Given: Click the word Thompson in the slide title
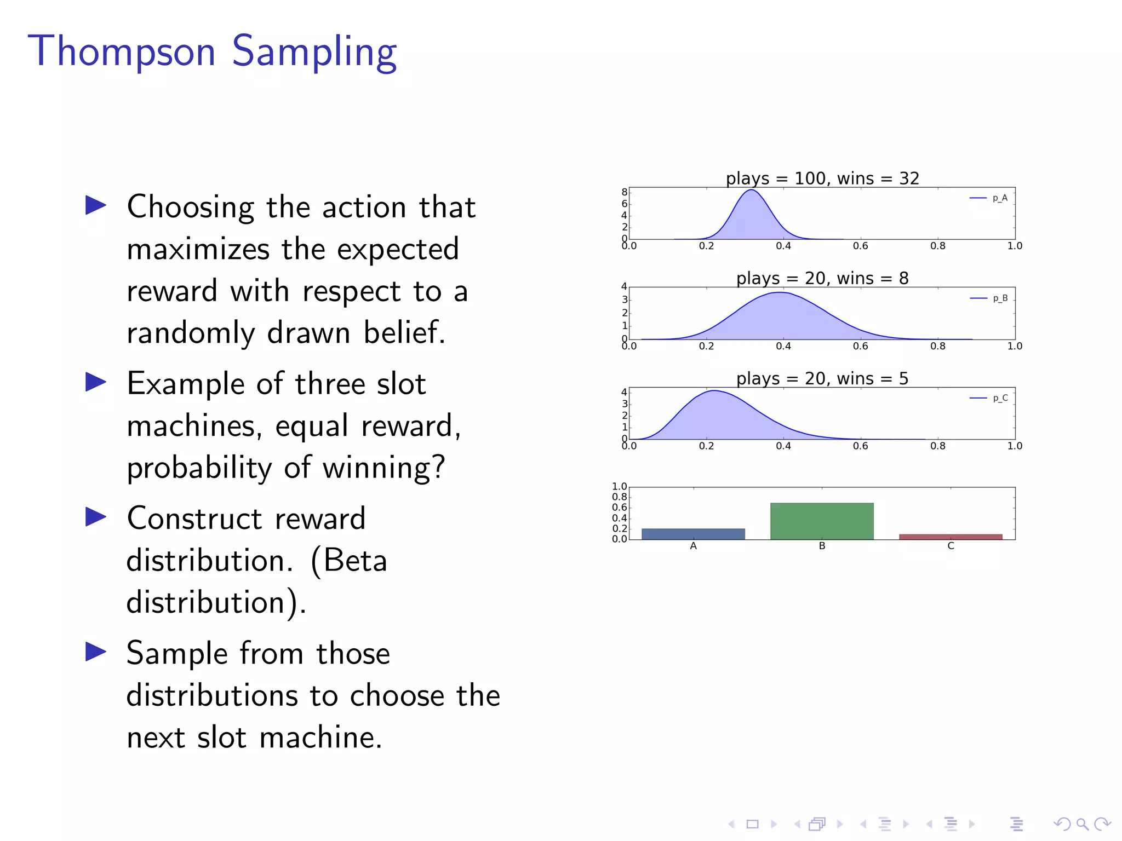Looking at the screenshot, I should tap(122, 51).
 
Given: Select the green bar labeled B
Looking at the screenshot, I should tap(822, 521).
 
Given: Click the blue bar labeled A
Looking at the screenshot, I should tap(693, 534).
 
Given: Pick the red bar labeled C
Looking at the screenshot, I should tap(951, 537).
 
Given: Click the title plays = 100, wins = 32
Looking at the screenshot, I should tap(822, 178).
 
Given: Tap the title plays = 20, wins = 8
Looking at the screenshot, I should tap(822, 279).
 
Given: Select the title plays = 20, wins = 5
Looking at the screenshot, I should tap(822, 379).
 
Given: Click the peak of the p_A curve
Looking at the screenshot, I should tap(752, 190).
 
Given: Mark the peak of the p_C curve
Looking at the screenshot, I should tap(714, 391).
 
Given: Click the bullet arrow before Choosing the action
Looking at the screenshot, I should tap(96, 205).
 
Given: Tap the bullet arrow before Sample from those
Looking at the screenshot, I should tap(96, 652).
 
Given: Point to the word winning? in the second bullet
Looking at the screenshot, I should tap(383, 468).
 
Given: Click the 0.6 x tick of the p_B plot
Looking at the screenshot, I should tap(860, 346).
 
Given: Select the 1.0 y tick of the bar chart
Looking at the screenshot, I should tap(619, 486).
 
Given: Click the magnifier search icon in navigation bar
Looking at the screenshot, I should tap(1082, 823).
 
